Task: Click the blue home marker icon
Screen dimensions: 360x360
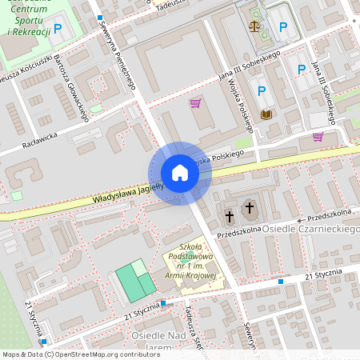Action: (179, 173)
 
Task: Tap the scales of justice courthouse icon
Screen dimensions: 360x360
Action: (255, 26)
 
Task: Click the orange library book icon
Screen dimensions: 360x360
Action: (266, 114)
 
